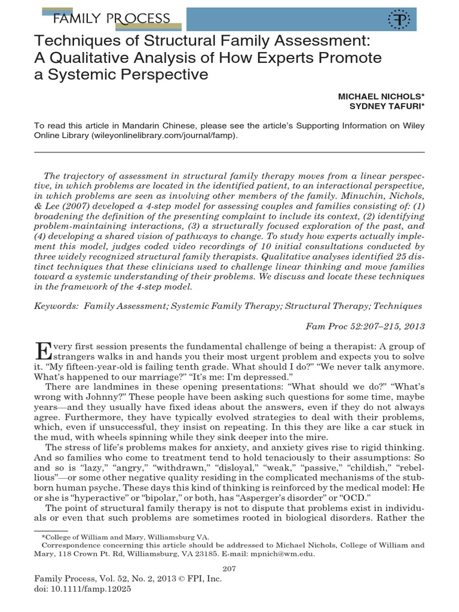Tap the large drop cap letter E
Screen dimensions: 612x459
coord(43,351)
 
